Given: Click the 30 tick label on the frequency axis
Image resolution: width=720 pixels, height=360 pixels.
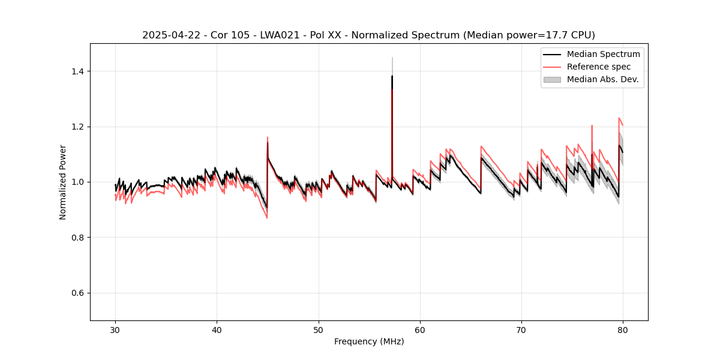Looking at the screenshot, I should tap(115, 330).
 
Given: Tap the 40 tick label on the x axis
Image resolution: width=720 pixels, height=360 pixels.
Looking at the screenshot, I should tap(217, 330).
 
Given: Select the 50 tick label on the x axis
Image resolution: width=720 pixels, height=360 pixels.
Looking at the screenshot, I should tap(318, 330).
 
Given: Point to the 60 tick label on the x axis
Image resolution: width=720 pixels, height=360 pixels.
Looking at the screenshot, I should tap(420, 330).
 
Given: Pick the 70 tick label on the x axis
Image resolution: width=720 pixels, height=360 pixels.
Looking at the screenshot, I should tap(521, 330).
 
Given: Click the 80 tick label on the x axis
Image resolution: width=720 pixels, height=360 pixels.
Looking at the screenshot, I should tap(623, 330).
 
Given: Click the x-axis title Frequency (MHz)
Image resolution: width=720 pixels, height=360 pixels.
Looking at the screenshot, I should tap(369, 342).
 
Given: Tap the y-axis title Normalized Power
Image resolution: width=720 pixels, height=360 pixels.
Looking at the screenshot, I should tap(63, 182).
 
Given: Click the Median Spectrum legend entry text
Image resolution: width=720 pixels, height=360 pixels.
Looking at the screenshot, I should tap(603, 54).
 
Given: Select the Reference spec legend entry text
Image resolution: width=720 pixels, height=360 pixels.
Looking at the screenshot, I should tap(599, 67).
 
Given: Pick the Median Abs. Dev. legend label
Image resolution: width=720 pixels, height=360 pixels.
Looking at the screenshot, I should tap(603, 79).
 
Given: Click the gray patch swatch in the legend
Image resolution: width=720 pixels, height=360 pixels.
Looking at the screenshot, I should tap(552, 79).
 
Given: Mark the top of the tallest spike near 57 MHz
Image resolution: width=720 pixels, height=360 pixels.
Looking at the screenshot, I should tap(392, 58).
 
